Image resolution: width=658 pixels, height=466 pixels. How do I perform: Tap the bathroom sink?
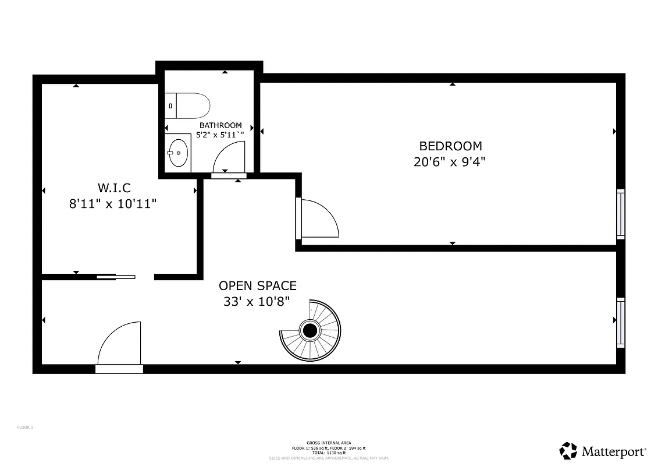pos(178,153)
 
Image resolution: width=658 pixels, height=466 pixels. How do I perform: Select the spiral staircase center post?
pos(310,331)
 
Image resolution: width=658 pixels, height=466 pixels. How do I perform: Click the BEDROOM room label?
pos(451,146)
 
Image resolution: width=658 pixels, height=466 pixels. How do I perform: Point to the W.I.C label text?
pos(114,188)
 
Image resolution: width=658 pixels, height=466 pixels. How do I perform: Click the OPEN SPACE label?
pos(257,285)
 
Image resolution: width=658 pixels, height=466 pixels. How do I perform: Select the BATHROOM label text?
pos(220,125)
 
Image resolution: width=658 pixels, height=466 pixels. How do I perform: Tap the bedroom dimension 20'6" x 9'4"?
pos(449,162)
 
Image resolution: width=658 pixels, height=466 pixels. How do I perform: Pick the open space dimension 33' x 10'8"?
pos(257,301)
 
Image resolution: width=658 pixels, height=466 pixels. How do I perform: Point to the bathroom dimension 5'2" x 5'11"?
pos(220,135)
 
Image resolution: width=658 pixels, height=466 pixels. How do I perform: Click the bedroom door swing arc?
pos(320,218)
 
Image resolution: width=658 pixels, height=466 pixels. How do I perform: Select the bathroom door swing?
pos(229,157)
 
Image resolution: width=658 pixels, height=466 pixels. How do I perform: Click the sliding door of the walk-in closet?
pos(116,277)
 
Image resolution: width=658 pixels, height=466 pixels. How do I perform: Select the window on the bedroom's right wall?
pos(621,214)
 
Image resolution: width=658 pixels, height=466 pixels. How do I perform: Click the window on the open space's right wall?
pos(621,322)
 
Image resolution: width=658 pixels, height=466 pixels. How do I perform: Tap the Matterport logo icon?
pos(568,450)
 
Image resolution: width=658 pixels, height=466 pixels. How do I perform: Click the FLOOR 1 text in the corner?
pos(25,428)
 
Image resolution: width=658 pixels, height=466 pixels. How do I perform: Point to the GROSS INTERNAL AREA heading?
pos(329,443)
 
